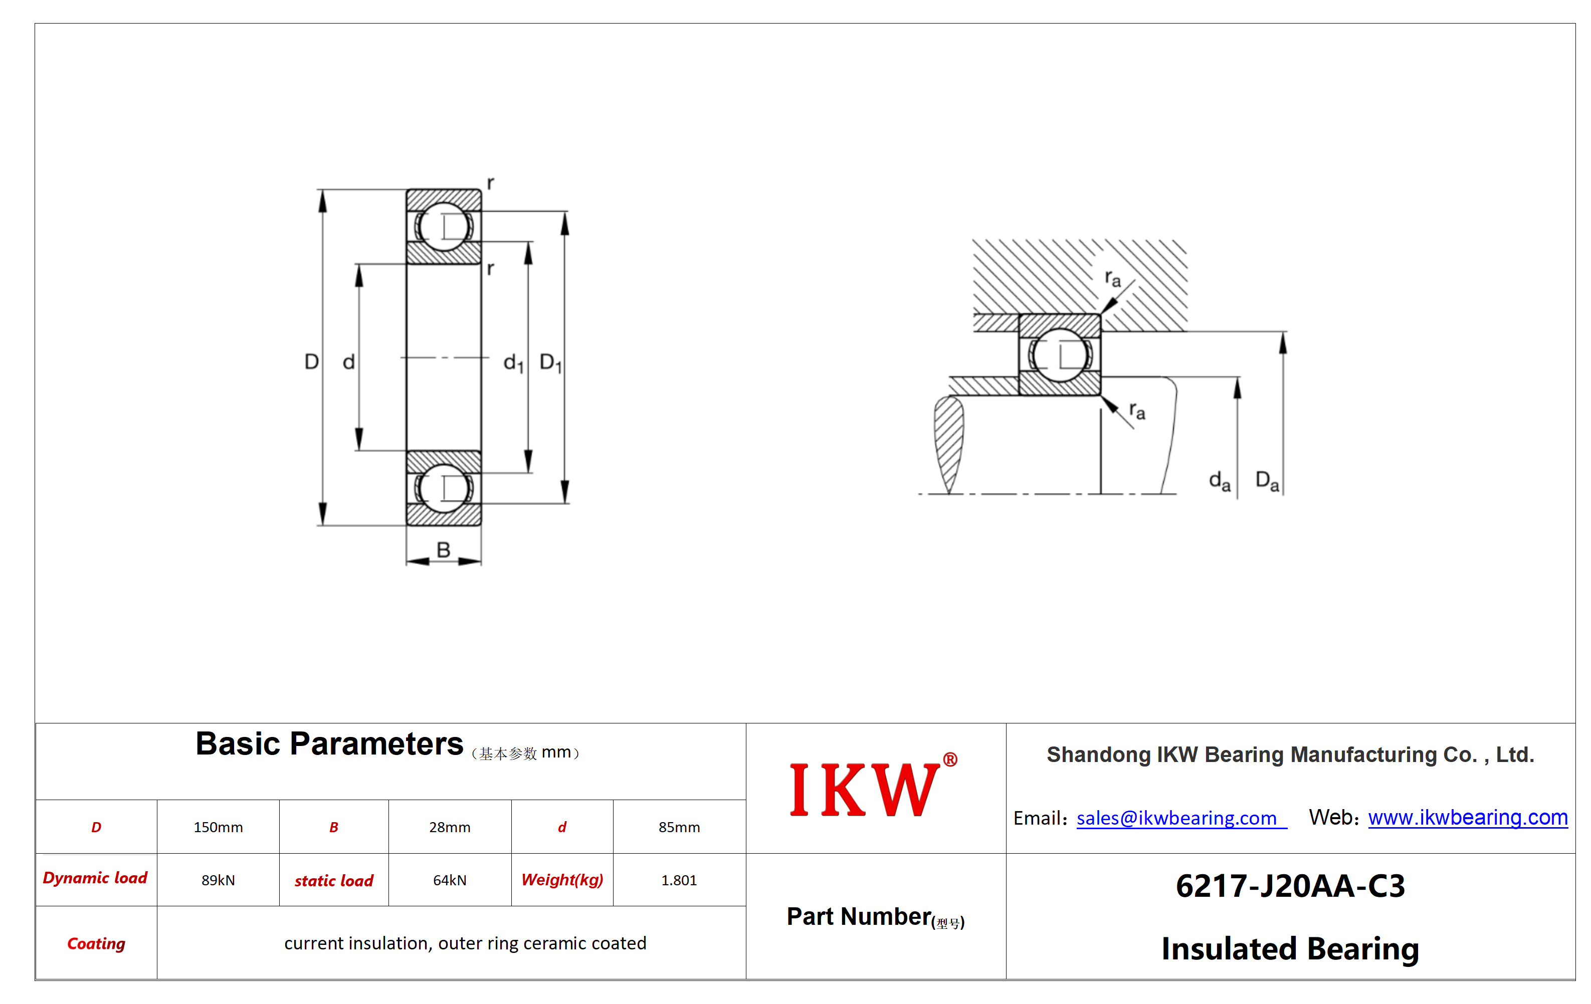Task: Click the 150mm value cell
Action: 218,827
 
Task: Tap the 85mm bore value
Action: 679,827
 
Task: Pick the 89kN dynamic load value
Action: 218,880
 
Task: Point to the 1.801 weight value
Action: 679,880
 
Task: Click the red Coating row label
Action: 96,943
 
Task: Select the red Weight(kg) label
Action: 562,880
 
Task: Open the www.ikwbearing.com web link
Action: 1468,817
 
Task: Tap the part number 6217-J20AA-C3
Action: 1290,886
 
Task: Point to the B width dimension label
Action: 443,550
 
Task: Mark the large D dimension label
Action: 311,361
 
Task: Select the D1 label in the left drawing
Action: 550,363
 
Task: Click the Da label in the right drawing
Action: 1267,481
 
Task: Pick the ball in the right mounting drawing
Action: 1060,355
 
